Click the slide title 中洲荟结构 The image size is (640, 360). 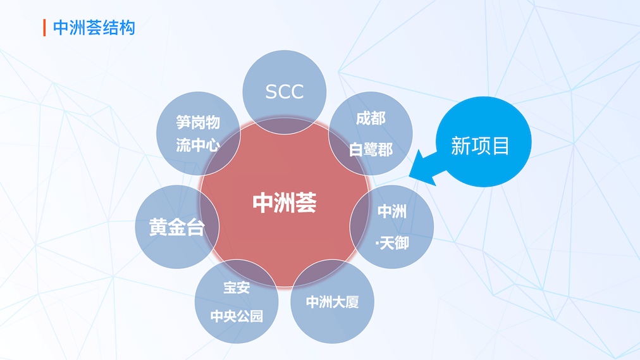pyautogui.click(x=94, y=28)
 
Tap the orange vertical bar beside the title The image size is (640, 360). pyautogui.click(x=44, y=28)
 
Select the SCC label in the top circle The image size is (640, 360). pyautogui.click(x=285, y=92)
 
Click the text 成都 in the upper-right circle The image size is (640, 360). pyautogui.click(x=371, y=118)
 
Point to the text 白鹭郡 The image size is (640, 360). pyautogui.click(x=371, y=149)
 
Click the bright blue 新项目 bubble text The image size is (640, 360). pyautogui.click(x=480, y=146)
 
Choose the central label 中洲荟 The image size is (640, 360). pyautogui.click(x=285, y=203)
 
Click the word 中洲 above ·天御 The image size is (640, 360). pyautogui.click(x=392, y=211)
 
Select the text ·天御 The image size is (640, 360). pyautogui.click(x=392, y=243)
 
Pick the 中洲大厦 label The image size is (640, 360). pyautogui.click(x=332, y=302)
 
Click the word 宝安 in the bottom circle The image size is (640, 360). pyautogui.click(x=237, y=287)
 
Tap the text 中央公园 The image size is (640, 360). pyautogui.click(x=237, y=316)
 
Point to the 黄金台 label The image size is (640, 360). pyautogui.click(x=176, y=227)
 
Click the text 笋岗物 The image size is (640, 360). pyautogui.click(x=198, y=122)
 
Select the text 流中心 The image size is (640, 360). pyautogui.click(x=198, y=145)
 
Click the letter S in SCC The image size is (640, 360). pyautogui.click(x=271, y=92)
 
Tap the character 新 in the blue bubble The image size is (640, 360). pyautogui.click(x=460, y=146)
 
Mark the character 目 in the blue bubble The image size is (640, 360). pyautogui.click(x=501, y=146)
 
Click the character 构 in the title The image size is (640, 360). pyautogui.click(x=127, y=28)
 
